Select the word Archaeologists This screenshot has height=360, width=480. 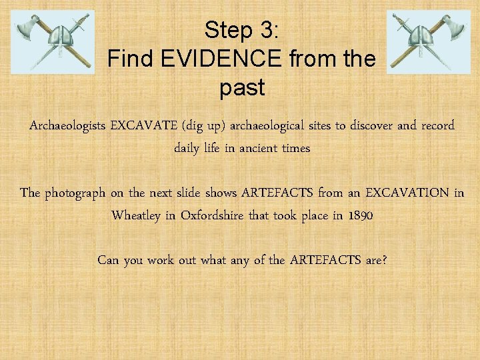67,125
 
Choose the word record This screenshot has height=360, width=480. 437,125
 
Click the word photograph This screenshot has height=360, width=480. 74,193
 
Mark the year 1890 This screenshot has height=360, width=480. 358,216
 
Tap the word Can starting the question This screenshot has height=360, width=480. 109,259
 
